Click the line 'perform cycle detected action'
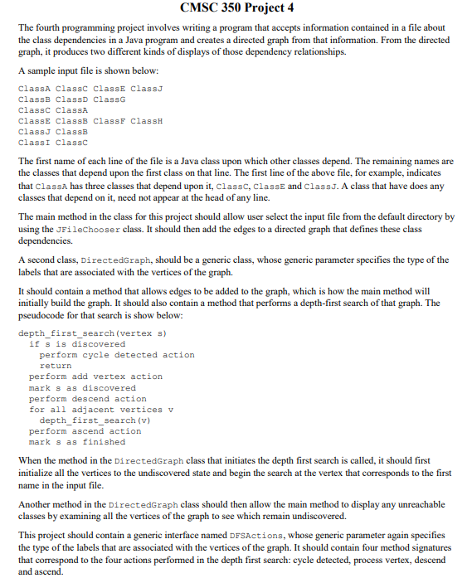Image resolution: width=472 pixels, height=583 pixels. click(117, 355)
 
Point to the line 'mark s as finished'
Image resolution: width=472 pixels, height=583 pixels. click(77, 442)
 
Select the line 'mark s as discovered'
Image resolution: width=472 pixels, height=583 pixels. click(82, 387)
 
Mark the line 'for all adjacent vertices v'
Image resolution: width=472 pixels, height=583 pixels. click(101, 410)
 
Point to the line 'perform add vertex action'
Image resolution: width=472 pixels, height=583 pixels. click(95, 377)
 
